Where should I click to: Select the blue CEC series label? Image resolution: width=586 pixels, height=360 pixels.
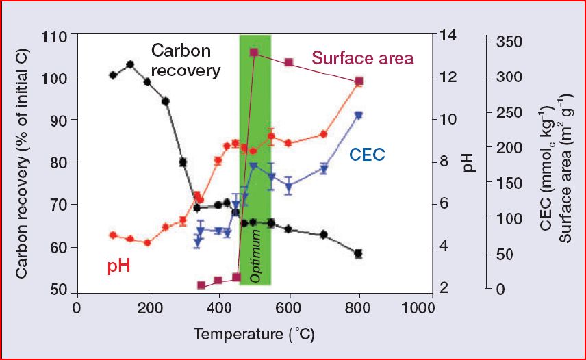point(368,155)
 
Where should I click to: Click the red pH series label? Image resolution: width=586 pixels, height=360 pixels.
point(118,266)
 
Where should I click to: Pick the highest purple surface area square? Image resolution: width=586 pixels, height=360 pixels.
point(254,52)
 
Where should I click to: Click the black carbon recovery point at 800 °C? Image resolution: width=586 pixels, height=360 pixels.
point(358,253)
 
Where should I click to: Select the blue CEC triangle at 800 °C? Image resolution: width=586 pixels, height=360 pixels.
point(358,116)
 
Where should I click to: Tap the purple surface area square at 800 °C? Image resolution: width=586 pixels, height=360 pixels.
point(358,81)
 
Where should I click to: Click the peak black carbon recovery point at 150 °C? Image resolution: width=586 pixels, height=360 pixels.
point(130,64)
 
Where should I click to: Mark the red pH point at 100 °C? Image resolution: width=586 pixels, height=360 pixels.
point(113,235)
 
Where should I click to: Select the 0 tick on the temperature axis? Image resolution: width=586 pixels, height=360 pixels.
point(77,307)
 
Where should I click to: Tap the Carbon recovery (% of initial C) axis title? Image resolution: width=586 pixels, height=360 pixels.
point(21,162)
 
